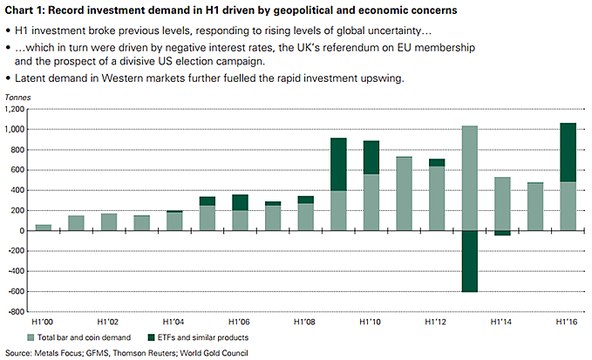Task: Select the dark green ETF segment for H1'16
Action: click(568, 153)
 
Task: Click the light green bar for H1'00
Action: click(43, 228)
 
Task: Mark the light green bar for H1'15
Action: click(535, 207)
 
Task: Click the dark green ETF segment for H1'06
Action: click(241, 202)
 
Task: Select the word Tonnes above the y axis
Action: click(20, 102)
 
